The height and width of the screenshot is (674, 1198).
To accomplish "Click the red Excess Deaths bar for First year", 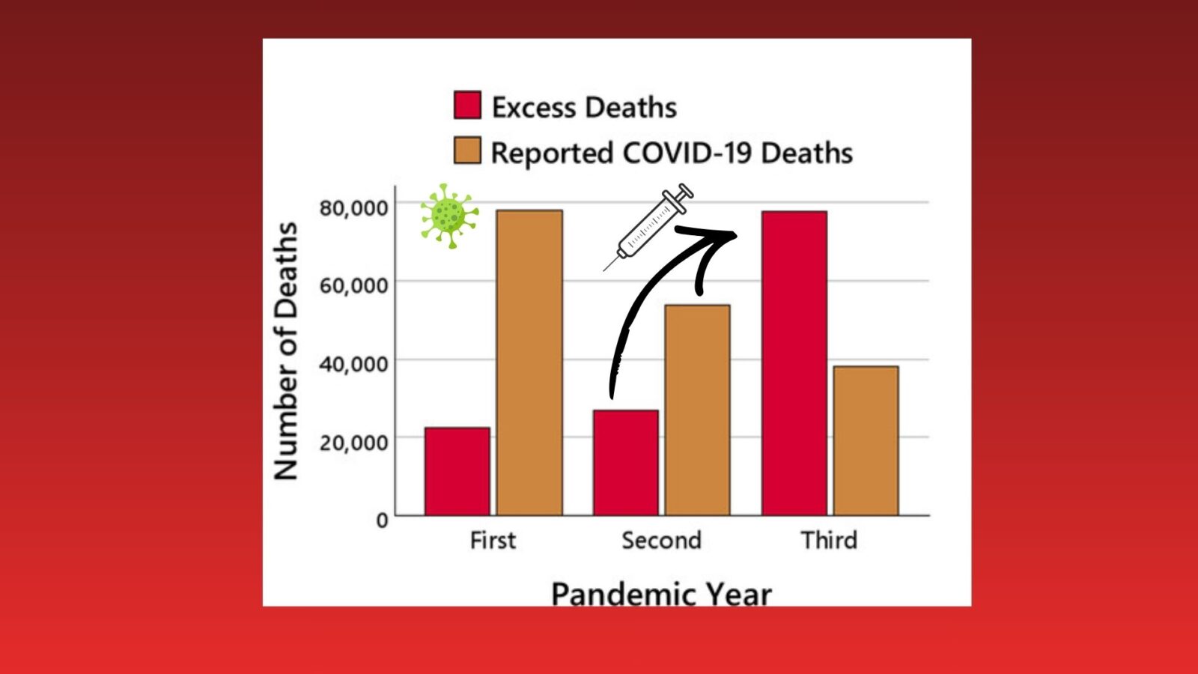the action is tap(457, 471).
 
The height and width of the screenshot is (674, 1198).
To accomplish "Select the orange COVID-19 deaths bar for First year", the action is tap(529, 362).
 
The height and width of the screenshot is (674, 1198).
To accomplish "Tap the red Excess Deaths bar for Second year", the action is tap(626, 463).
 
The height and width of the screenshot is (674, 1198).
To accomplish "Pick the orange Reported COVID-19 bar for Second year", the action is tap(697, 410).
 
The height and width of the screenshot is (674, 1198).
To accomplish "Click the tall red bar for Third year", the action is tap(794, 363).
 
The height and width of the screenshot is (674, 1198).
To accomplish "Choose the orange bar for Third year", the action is tap(866, 441).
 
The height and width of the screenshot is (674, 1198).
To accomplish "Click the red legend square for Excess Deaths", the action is tap(467, 105).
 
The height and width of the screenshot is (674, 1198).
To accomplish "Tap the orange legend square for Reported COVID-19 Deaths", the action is tap(467, 151).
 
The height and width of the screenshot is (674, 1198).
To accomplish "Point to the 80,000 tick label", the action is tap(353, 207).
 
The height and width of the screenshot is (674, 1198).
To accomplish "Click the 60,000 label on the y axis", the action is tap(353, 285).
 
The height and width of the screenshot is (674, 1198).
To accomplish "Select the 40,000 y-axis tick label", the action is tap(353, 364).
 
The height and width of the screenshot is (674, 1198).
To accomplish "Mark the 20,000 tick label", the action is tap(353, 443).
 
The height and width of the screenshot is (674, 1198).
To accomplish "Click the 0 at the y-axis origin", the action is tap(382, 520).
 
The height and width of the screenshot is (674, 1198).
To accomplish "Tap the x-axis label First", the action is tap(493, 540).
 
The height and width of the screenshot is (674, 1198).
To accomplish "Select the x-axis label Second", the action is tap(662, 540).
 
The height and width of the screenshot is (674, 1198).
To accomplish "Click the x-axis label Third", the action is tap(829, 540).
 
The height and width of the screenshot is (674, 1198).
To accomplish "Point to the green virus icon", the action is tap(449, 216).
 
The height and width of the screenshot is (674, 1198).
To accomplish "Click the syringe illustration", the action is tap(648, 227).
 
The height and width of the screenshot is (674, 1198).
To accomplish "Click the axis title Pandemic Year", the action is tap(662, 595).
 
